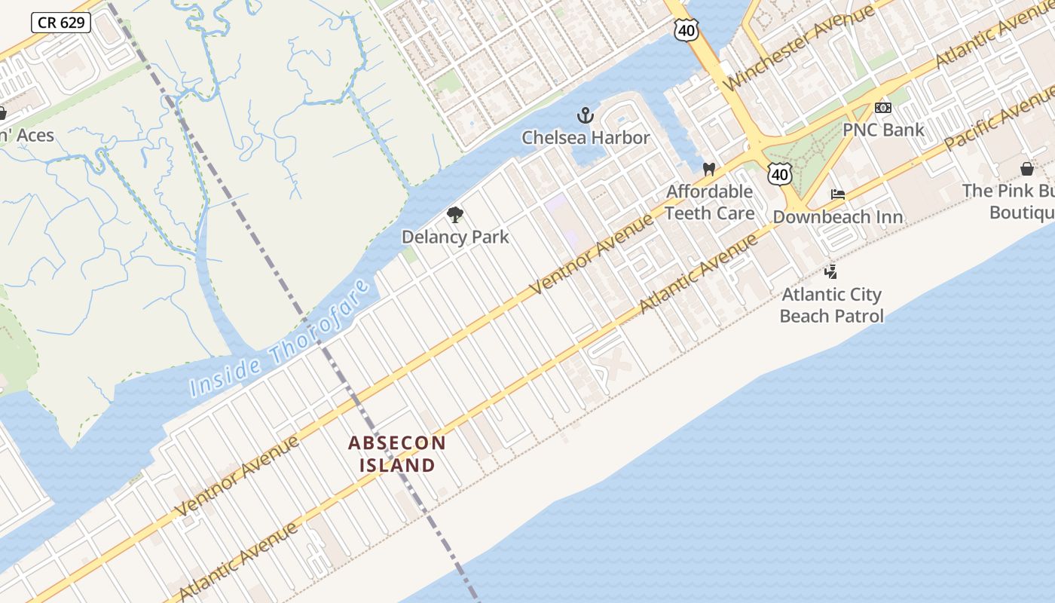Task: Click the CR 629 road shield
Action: pyautogui.click(x=61, y=23)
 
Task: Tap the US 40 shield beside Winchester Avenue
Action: pyautogui.click(x=687, y=30)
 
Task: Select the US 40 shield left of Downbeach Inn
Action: pyautogui.click(x=780, y=175)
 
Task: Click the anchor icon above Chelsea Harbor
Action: pyautogui.click(x=586, y=116)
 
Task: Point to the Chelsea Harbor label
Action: pyautogui.click(x=586, y=138)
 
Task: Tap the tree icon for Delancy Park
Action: pyautogui.click(x=454, y=216)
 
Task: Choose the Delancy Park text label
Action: pyautogui.click(x=455, y=237)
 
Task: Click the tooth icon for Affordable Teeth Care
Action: pyautogui.click(x=708, y=170)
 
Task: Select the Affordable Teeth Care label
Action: pyautogui.click(x=709, y=202)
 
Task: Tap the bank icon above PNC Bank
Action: pyautogui.click(x=883, y=109)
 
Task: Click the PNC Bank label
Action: pyautogui.click(x=883, y=130)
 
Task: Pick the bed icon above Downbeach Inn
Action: pyautogui.click(x=837, y=195)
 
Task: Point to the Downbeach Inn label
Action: pyautogui.click(x=837, y=217)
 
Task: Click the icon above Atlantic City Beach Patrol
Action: pyautogui.click(x=831, y=271)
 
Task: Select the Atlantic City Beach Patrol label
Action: pyautogui.click(x=831, y=305)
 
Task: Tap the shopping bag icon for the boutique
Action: pyautogui.click(x=1026, y=169)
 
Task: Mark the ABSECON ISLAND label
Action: pyautogui.click(x=397, y=454)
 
